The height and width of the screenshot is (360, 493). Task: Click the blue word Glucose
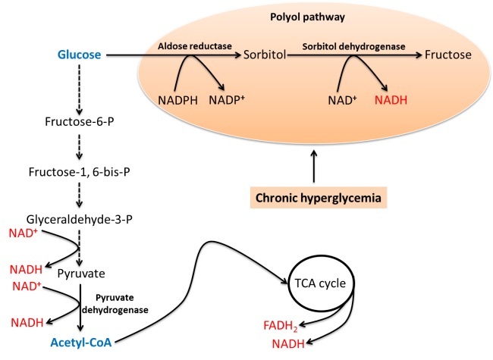point(80,55)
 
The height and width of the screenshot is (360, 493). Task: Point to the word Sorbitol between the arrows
point(264,55)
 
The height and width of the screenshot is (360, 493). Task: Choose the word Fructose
point(448,55)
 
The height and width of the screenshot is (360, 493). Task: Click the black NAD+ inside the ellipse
point(343,99)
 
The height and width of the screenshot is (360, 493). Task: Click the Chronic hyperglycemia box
point(319,199)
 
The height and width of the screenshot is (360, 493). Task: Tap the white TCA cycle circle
point(320,284)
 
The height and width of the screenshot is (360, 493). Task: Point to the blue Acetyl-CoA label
point(81,343)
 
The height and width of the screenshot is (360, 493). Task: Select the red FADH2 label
point(281,327)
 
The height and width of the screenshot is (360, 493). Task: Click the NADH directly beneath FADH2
point(288,343)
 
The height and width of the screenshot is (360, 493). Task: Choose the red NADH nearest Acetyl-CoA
point(27,323)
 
